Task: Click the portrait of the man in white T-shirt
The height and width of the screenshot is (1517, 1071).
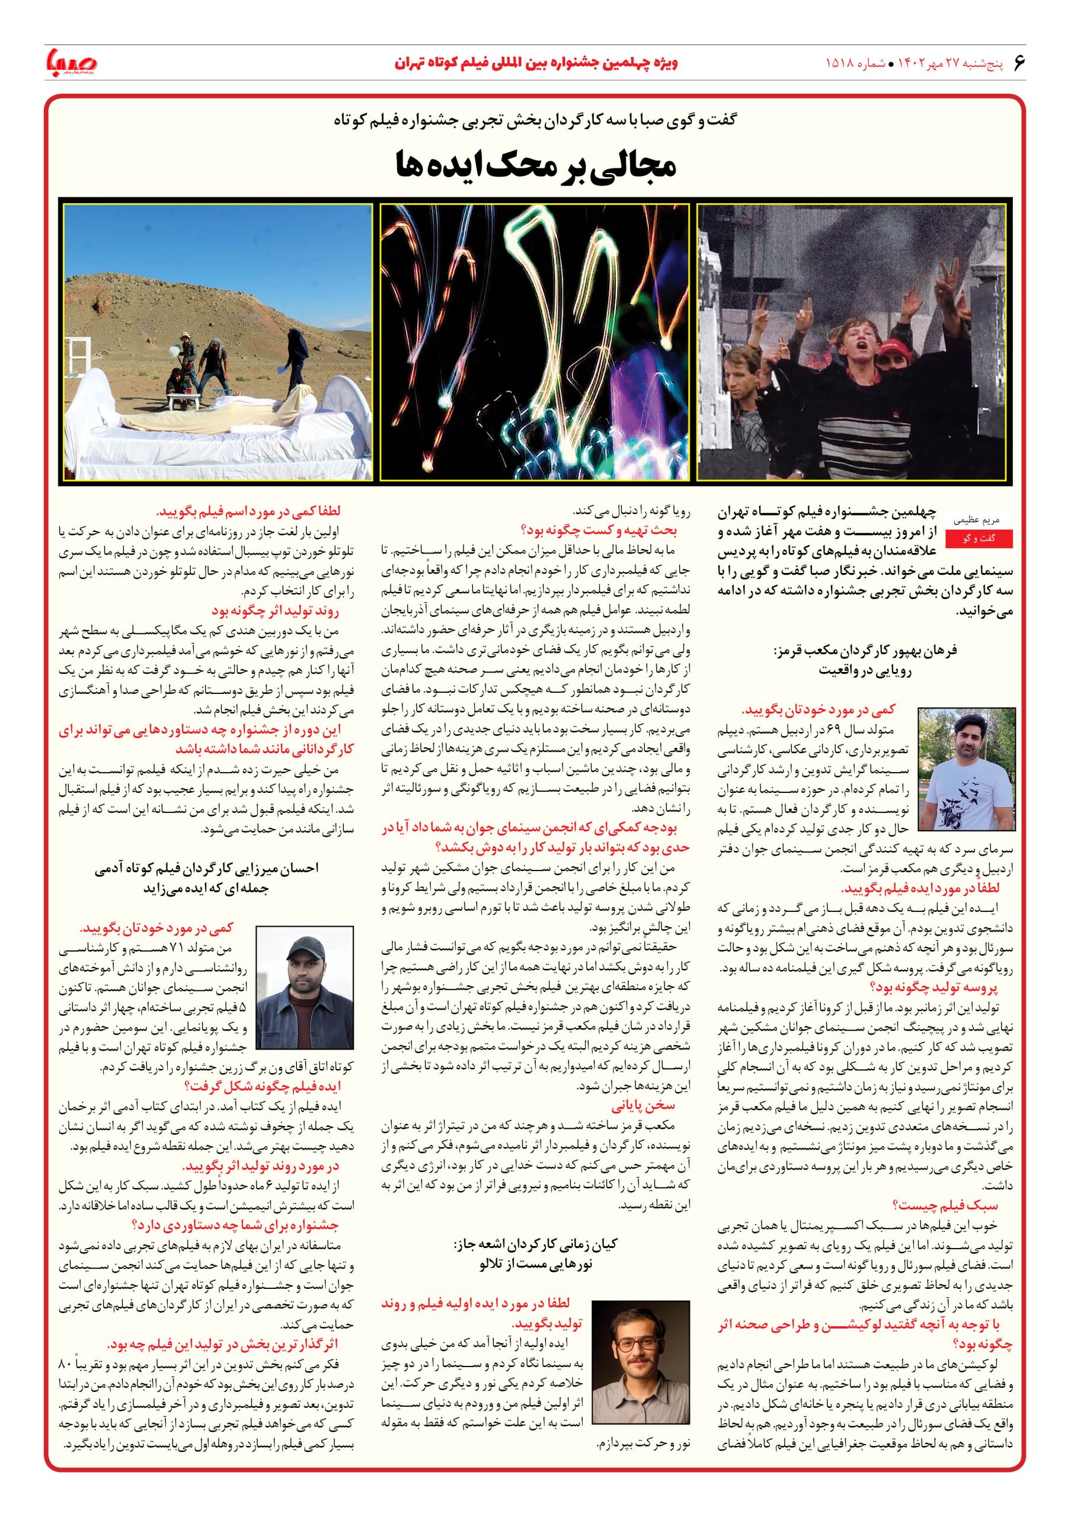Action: (x=966, y=769)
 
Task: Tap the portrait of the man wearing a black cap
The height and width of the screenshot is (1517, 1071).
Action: (x=305, y=988)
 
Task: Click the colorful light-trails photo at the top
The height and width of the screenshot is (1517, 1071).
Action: (x=535, y=341)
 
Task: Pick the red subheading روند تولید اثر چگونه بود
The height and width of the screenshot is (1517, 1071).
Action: (x=284, y=611)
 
